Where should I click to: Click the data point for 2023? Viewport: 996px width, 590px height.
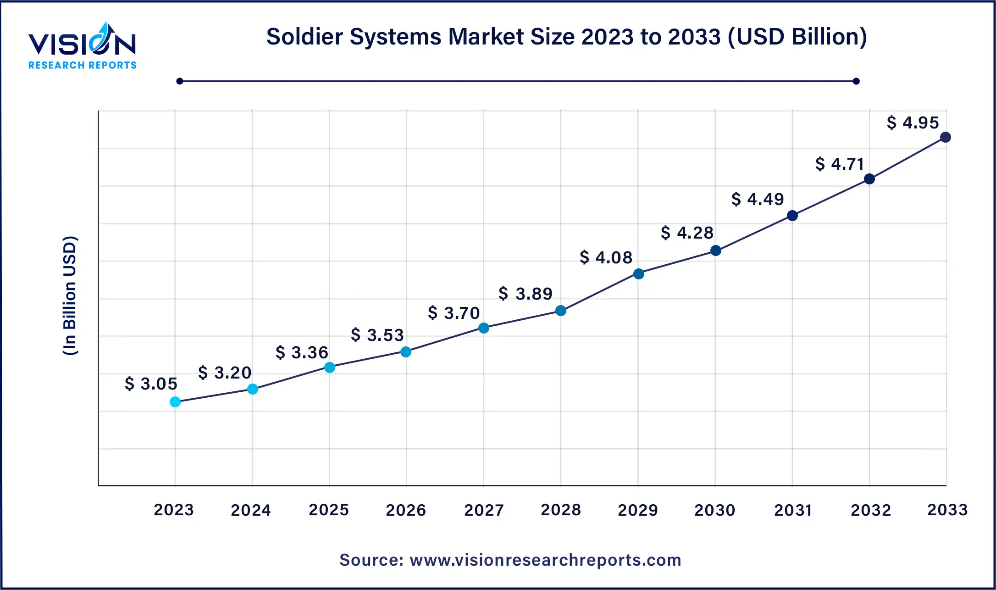175,402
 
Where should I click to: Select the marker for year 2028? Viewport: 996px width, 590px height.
561,311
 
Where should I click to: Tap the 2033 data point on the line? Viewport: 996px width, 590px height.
945,137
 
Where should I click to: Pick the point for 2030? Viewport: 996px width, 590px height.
716,250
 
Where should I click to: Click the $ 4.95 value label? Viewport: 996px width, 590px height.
913,122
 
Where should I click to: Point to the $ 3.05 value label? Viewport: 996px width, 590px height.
151,384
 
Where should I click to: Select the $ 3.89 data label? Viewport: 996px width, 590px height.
526,294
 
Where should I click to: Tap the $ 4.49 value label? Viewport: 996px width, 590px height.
758,199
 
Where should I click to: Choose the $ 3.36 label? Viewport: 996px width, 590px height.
302,352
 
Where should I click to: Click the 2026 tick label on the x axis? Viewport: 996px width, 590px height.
406,510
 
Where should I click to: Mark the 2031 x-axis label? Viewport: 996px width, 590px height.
793,510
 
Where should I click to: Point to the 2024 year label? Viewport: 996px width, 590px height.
251,510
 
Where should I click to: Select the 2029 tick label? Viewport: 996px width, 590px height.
638,510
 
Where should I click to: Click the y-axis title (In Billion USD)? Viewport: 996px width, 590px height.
70,295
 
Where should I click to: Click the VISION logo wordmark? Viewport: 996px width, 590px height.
82,44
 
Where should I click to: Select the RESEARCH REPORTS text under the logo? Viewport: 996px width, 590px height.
83,65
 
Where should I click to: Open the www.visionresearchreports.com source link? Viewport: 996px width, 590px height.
545,560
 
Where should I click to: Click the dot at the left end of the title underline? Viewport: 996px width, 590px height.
180,81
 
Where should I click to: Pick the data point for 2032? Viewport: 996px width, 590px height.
869,179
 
